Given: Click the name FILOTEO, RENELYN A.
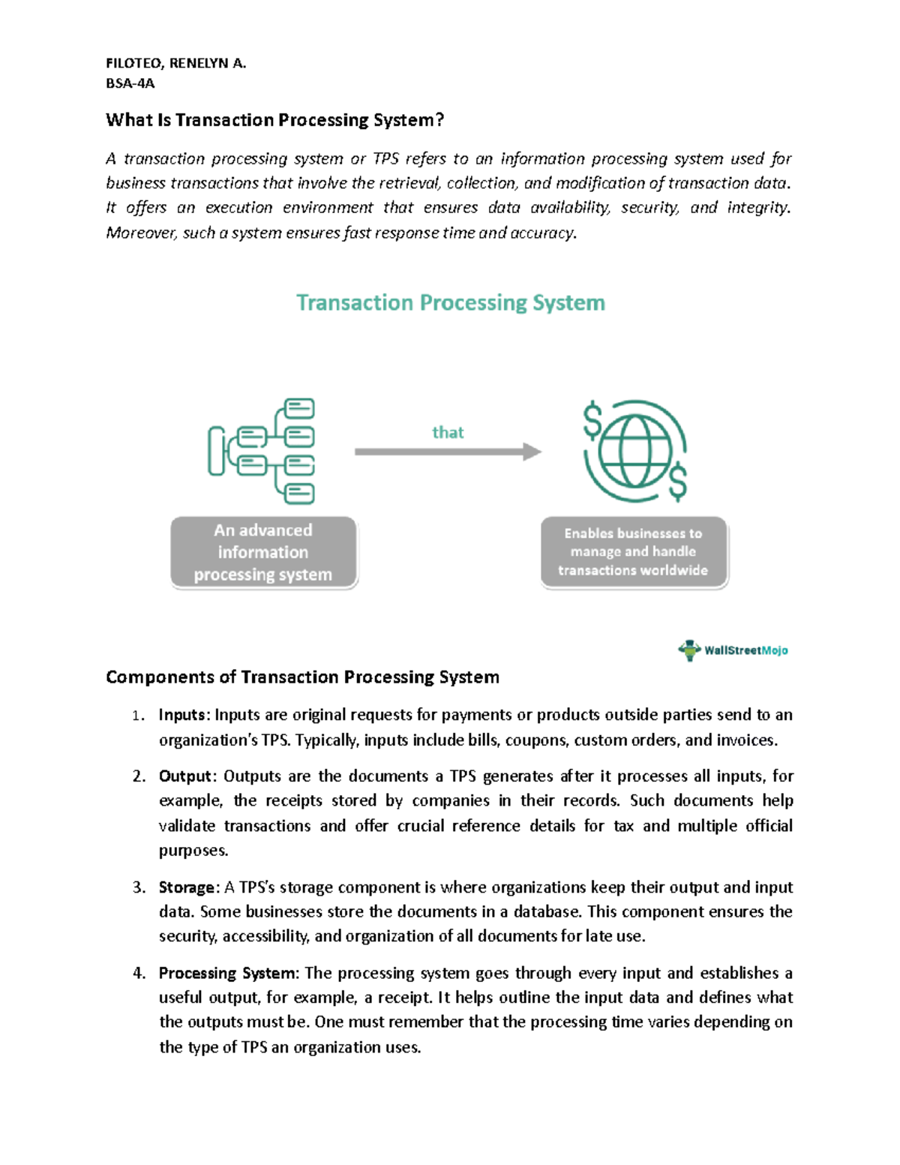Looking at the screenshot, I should [x=175, y=63].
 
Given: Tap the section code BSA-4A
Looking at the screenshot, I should [x=130, y=83].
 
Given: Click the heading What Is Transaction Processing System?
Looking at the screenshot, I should [x=274, y=120].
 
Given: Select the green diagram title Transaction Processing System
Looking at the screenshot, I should [x=450, y=302].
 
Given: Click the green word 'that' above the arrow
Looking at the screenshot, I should [x=448, y=432].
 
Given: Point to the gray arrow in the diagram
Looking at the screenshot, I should [x=448, y=452].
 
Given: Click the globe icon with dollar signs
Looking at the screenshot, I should [x=635, y=451].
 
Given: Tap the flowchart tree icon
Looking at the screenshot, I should [x=262, y=451].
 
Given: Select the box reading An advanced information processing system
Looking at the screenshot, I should [x=263, y=552].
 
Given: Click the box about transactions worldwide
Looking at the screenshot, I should [x=634, y=552].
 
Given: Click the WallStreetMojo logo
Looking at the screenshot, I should [x=733, y=650].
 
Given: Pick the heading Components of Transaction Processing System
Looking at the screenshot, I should [x=302, y=677].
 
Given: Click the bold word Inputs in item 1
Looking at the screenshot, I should [x=181, y=715].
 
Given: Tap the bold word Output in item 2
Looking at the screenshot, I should [x=185, y=776].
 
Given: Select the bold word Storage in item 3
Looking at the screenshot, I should [x=187, y=887].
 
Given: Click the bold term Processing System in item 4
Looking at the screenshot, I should [x=227, y=973].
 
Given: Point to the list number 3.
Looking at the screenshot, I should [x=138, y=887].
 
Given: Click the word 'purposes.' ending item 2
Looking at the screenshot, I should [x=193, y=851].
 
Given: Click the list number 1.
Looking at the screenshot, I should [x=137, y=716].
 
